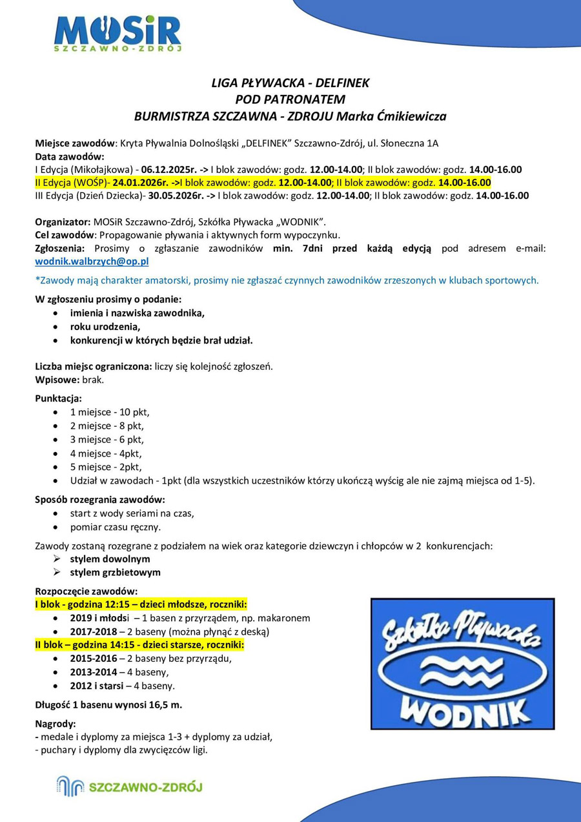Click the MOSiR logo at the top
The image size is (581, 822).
(118, 35)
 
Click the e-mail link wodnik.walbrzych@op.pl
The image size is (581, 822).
(92, 262)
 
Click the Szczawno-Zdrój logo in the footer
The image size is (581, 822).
(129, 786)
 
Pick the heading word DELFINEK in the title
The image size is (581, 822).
(338, 83)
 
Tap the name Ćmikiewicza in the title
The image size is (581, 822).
(406, 117)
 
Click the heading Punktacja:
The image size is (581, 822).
(58, 398)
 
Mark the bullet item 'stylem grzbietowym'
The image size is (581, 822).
(116, 572)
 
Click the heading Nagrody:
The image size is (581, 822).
(56, 724)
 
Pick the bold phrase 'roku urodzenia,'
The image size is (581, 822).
(105, 327)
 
